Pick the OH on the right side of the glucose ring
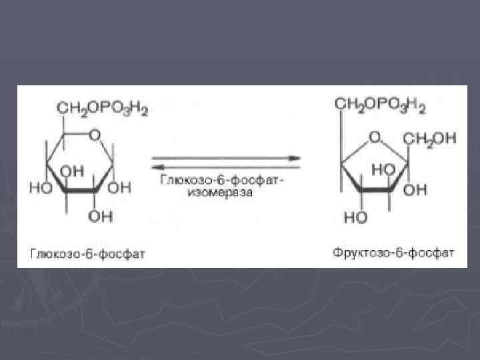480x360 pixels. pyautogui.click(x=122, y=189)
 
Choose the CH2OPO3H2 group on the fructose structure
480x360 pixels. pyautogui.click(x=380, y=105)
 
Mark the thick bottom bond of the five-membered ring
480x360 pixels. pyautogui.click(x=377, y=192)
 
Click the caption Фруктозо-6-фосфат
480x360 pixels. pyautogui.click(x=393, y=253)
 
